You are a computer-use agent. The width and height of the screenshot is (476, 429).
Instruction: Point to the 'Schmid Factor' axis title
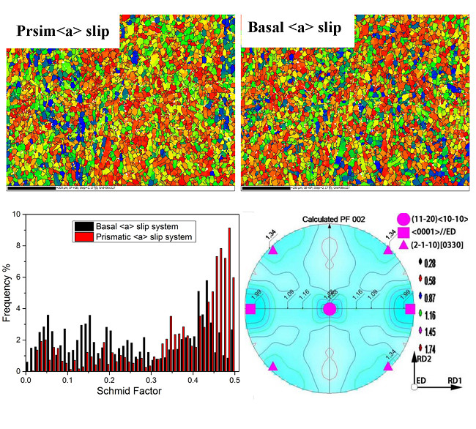click(130, 392)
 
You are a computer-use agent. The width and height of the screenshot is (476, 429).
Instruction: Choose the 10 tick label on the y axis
click(17, 214)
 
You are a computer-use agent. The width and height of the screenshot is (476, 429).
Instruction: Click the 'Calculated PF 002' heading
click(330, 222)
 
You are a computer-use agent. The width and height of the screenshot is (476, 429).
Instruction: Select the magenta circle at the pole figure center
click(330, 309)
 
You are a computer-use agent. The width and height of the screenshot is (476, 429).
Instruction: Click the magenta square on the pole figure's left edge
click(250, 309)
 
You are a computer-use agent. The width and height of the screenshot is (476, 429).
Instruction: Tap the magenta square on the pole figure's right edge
click(409, 309)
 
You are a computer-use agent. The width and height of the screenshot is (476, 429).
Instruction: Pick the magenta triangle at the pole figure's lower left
click(274, 366)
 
